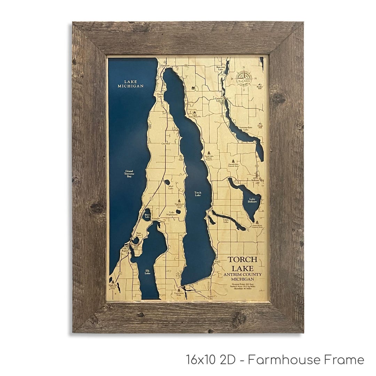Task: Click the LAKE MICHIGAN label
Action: [x=130, y=84]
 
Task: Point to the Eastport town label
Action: [x=165, y=65]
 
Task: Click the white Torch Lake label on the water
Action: [x=197, y=194]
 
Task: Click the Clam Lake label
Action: [x=226, y=221]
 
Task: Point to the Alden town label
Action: [x=218, y=261]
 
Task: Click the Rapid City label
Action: [x=210, y=297]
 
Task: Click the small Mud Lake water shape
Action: [x=167, y=182]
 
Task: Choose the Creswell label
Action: [x=166, y=143]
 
